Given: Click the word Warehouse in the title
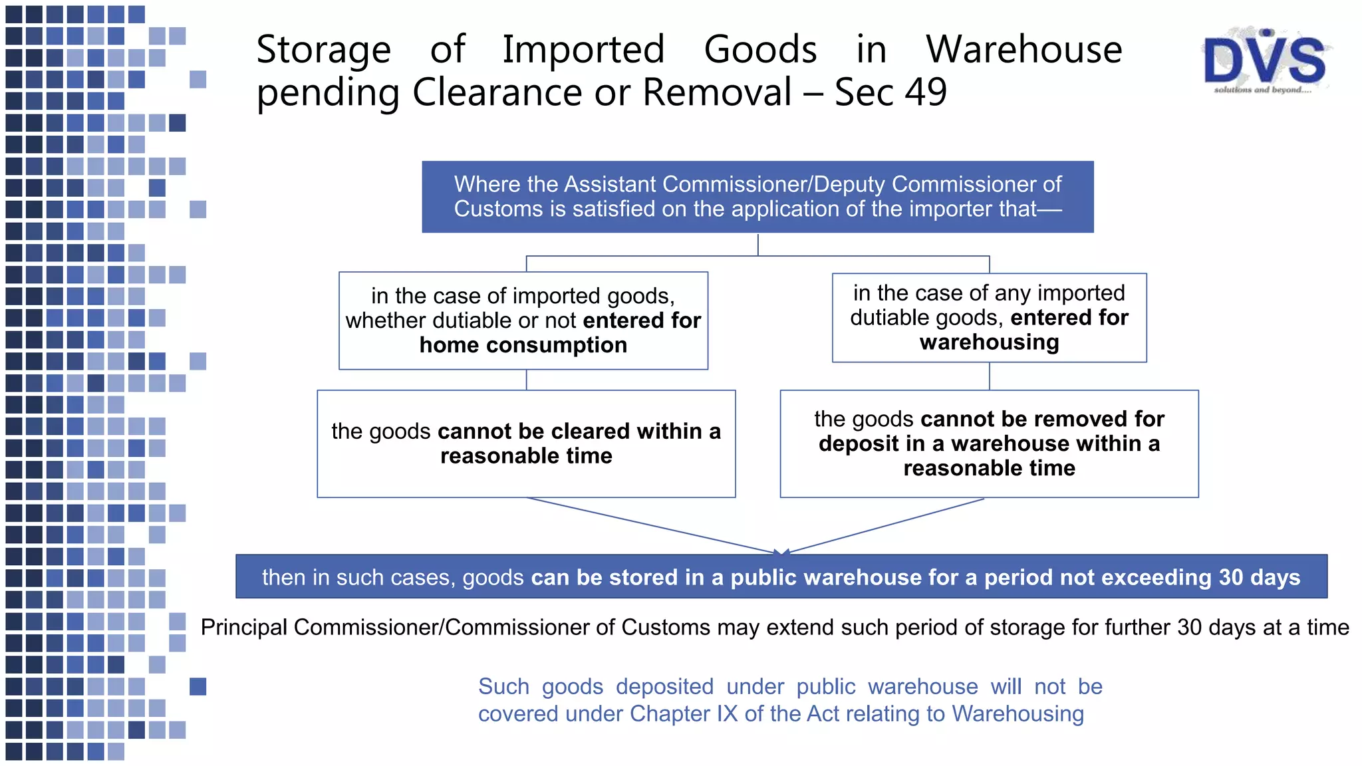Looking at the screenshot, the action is point(1024,49).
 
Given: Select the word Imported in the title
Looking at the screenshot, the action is point(583,49).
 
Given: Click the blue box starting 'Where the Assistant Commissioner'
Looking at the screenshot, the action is point(757,197).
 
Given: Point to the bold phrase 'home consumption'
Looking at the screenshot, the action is point(523,345).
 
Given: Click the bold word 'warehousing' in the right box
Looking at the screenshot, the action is point(989,342).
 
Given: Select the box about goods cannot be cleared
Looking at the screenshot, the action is point(526,444).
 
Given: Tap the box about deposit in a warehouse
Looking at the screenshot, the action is point(989,444).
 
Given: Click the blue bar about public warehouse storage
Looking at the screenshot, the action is point(781,576).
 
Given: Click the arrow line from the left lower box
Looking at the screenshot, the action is point(652,526).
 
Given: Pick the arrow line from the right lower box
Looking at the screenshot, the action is point(885,526).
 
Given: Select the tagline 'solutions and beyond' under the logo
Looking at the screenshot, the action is point(1262,90).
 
